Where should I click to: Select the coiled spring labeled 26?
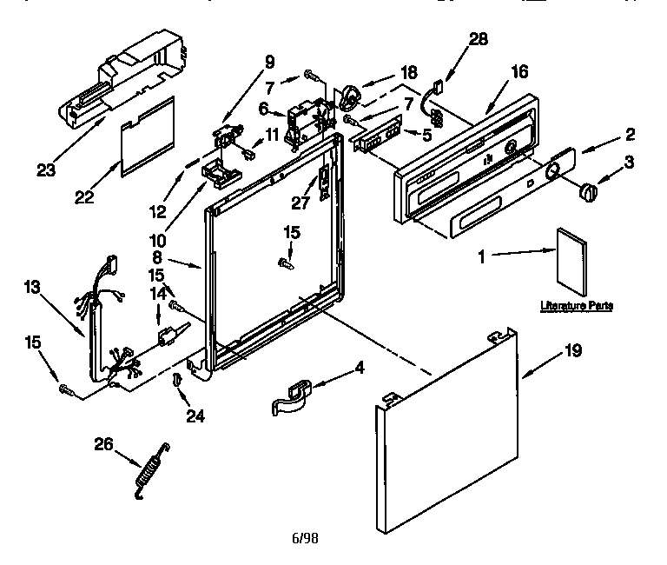tap(151, 470)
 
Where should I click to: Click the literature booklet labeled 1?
tap(572, 260)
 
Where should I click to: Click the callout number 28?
tap(478, 38)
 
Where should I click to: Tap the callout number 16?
tap(518, 72)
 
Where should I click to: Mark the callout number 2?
tap(629, 134)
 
